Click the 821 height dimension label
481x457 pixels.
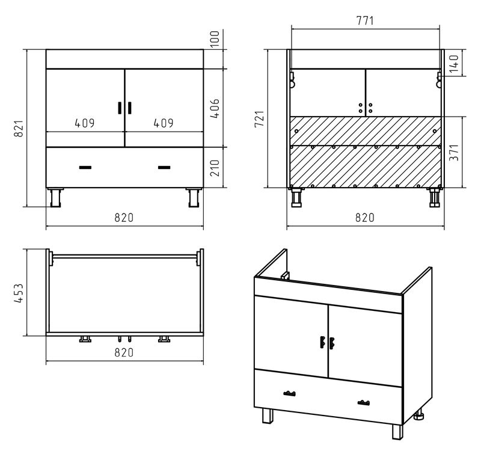click(x=19, y=129)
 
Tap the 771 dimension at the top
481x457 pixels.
click(x=365, y=20)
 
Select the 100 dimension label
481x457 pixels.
click(x=215, y=38)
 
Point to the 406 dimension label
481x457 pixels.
click(x=215, y=108)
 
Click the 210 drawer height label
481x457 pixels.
click(x=215, y=168)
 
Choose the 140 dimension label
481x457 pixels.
click(x=454, y=64)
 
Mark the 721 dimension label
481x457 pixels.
click(x=260, y=119)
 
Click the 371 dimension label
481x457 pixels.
click(x=454, y=153)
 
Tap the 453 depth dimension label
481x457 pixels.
click(x=19, y=293)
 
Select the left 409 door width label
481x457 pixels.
click(x=85, y=123)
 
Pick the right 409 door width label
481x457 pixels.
click(x=164, y=123)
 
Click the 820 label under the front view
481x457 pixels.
click(x=124, y=218)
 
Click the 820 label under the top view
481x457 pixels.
click(x=124, y=352)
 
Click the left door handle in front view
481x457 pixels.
click(x=120, y=108)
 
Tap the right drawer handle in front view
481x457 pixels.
click(x=164, y=167)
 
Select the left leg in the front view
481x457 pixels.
click(x=55, y=198)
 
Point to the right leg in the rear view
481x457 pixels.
click(x=434, y=197)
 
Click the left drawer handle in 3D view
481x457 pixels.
click(x=289, y=393)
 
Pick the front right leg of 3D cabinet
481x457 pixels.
click(x=397, y=432)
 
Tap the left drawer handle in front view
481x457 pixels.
click(x=85, y=167)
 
